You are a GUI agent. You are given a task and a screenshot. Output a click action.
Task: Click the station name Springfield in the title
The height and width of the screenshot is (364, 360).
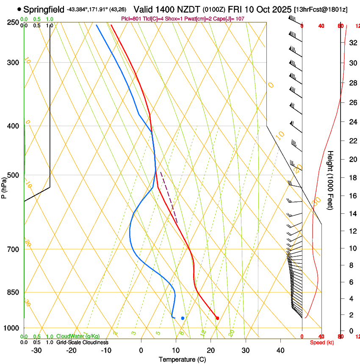tap(44, 9)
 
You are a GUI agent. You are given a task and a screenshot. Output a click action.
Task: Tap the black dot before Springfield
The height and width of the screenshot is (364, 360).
tap(19, 9)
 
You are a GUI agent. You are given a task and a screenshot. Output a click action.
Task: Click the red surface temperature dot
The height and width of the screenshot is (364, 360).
tap(217, 318)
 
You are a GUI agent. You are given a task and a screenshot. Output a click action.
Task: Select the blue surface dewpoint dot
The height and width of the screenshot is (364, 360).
tap(183, 318)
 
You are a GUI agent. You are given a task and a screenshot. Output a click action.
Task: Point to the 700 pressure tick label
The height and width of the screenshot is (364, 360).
tap(13, 249)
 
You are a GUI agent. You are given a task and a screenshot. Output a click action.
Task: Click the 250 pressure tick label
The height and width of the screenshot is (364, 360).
tap(13, 22)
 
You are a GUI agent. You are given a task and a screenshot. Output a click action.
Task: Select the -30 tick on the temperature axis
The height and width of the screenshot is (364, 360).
tap(36, 350)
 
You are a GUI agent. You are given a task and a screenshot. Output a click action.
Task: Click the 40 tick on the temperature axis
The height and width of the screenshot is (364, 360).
tap(280, 350)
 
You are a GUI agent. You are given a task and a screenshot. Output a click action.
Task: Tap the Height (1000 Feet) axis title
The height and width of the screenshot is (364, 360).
tap(331, 180)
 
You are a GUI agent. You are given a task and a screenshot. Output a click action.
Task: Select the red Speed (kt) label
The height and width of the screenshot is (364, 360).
tap(321, 342)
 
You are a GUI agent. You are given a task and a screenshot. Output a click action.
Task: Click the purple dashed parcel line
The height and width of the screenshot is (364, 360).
tap(169, 197)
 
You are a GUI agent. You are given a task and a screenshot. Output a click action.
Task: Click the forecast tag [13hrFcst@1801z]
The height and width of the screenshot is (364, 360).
tap(320, 9)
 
